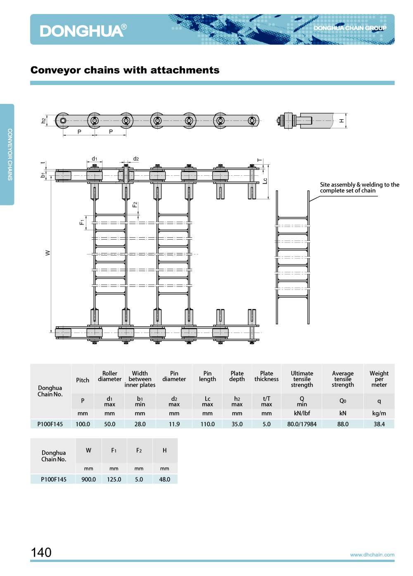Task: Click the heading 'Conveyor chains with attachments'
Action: [125, 70]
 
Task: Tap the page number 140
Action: [41, 552]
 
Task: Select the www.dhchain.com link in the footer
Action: [372, 555]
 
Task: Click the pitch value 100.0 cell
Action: [83, 424]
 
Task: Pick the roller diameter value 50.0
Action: [110, 424]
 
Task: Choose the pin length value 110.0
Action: [207, 424]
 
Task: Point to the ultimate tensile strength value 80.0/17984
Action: [302, 424]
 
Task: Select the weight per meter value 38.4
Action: [379, 424]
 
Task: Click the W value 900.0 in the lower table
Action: [88, 479]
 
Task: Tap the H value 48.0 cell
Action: [164, 479]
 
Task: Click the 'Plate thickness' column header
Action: [266, 376]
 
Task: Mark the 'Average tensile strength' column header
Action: [343, 379]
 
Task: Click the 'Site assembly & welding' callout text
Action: [359, 188]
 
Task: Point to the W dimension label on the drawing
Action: [48, 253]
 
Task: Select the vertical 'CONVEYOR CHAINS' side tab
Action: [10, 154]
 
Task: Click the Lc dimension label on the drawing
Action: [265, 181]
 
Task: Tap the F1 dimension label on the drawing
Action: [82, 222]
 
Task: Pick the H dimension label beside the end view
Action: [342, 121]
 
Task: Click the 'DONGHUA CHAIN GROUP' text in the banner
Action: [350, 28]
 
